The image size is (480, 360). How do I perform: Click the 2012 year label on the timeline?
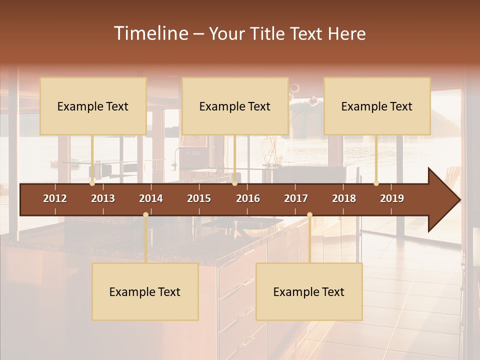55,198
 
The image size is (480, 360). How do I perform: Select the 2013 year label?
103,198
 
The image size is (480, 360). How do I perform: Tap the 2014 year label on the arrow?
151,198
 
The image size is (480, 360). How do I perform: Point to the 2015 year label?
199,198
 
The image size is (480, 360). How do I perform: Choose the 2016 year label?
248,198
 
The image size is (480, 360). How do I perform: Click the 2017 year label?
296,198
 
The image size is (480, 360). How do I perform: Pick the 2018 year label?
344,198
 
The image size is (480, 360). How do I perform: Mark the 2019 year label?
392,198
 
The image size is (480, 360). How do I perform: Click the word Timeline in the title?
150,33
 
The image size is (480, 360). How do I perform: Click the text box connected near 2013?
93,106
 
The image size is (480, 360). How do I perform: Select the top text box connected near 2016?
235,106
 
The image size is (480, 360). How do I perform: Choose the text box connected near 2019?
377,106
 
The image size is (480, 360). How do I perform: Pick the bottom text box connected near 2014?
145,291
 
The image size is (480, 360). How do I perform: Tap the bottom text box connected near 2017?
309,291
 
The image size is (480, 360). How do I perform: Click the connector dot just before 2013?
92,183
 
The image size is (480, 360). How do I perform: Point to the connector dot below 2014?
145,214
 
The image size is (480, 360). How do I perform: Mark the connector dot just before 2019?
376,183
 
